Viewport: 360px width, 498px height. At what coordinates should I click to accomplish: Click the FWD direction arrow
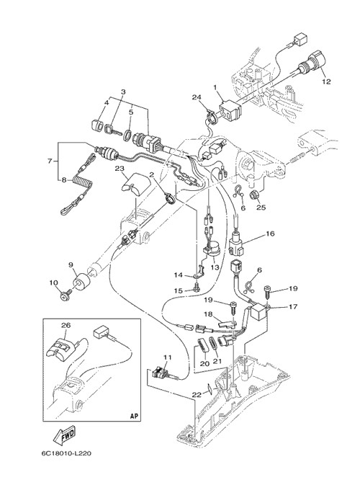point(64,436)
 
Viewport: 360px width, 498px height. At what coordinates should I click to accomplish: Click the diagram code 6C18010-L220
point(66,453)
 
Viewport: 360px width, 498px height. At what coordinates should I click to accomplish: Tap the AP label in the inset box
point(134,417)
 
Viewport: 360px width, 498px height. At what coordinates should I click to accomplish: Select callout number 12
point(326,81)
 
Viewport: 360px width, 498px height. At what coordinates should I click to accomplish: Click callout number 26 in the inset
point(66,326)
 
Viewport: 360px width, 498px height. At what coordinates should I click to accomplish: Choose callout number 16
point(270,234)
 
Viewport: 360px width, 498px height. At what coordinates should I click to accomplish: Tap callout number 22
point(197,395)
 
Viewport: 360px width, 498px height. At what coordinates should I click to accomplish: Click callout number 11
point(168,357)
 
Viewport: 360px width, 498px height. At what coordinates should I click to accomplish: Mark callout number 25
point(261,208)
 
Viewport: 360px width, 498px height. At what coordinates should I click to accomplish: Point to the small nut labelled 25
point(254,194)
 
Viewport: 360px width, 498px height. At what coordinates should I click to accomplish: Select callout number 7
point(50,161)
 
